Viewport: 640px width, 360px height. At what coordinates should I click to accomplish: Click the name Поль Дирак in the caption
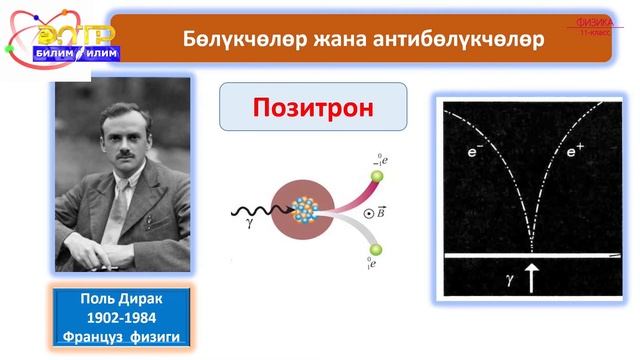coord(119,299)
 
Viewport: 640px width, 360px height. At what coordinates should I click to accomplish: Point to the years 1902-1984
coord(119,316)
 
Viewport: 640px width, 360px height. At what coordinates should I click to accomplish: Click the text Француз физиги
coord(119,333)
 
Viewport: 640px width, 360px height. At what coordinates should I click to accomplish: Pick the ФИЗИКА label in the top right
coord(595,23)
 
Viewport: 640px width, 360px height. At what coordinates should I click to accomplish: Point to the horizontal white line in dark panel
coord(531,258)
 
